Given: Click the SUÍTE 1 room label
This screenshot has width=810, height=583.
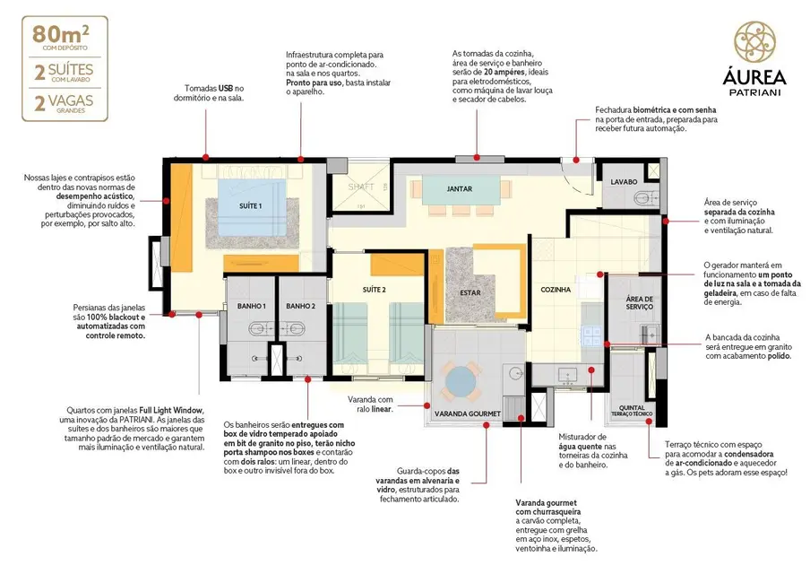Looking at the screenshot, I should pyautogui.click(x=251, y=205).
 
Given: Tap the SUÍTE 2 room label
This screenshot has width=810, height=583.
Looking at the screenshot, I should pyautogui.click(x=375, y=290).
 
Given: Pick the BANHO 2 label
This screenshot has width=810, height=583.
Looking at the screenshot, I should pyautogui.click(x=301, y=307).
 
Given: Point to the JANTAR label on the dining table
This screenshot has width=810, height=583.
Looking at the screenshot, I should pyautogui.click(x=460, y=189).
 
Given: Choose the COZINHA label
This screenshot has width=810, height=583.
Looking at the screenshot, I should pyautogui.click(x=556, y=290).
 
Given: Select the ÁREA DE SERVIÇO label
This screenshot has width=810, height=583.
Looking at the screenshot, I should pyautogui.click(x=639, y=303).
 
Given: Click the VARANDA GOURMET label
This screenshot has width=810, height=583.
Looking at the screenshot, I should pyautogui.click(x=467, y=414).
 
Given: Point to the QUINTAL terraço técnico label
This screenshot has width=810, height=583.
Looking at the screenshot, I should pyautogui.click(x=633, y=407).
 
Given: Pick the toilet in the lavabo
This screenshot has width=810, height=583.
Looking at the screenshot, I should pyautogui.click(x=640, y=196).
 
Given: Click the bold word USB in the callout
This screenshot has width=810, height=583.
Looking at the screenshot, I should pyautogui.click(x=227, y=89).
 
